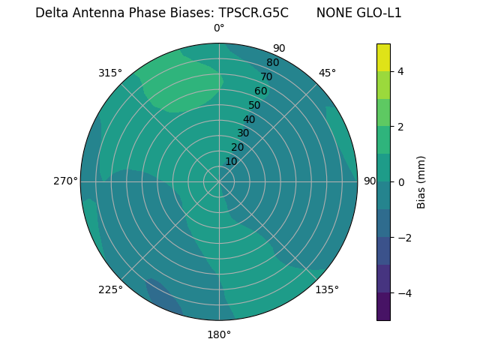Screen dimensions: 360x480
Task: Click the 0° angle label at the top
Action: (219, 28)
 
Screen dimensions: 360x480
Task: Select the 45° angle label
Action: (327, 73)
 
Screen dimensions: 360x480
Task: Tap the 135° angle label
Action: (327, 289)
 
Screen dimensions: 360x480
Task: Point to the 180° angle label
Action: (219, 334)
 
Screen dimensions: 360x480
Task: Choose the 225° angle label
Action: (110, 289)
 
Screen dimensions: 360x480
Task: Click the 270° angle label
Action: (64, 181)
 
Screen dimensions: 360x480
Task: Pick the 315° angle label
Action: (110, 73)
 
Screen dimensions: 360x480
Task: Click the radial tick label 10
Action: (231, 161)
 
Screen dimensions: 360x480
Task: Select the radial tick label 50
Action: (254, 105)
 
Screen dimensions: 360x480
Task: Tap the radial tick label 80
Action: (272, 63)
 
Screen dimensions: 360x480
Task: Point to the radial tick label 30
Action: (243, 133)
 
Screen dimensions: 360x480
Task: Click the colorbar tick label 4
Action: (401, 71)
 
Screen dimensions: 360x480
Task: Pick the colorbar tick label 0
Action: (401, 181)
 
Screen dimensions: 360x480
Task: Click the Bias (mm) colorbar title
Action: (421, 181)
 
